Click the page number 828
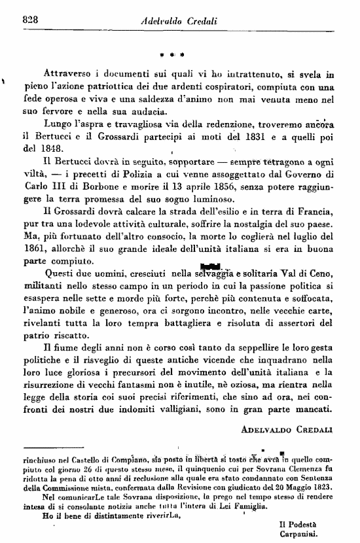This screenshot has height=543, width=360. point(31,19)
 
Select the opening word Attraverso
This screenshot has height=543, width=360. point(70,75)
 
